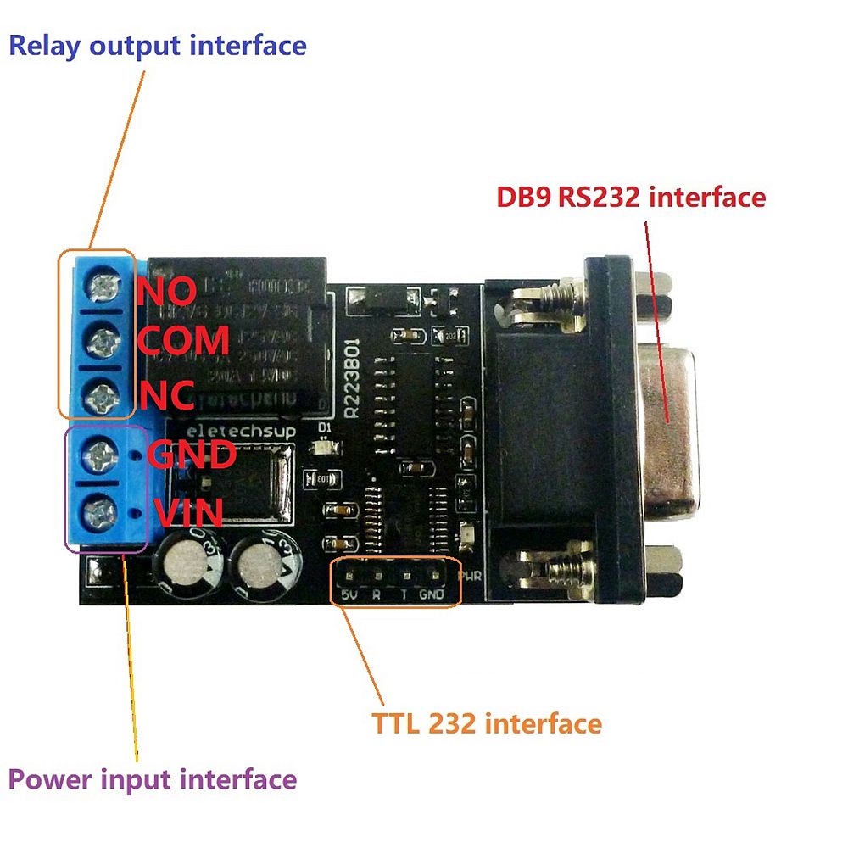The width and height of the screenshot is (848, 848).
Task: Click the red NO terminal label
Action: pyautogui.click(x=167, y=291)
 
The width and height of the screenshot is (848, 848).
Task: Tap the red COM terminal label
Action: pyautogui.click(x=182, y=341)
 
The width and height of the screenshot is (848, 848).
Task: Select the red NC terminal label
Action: pyautogui.click(x=166, y=393)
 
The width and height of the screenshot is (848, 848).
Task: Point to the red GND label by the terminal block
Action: pyautogui.click(x=191, y=455)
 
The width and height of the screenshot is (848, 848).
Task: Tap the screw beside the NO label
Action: pyautogui.click(x=101, y=288)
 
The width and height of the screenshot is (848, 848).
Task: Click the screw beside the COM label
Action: pyautogui.click(x=101, y=342)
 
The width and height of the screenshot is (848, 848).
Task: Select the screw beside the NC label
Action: pyautogui.click(x=101, y=394)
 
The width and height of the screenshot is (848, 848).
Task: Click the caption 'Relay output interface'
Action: pyautogui.click(x=157, y=45)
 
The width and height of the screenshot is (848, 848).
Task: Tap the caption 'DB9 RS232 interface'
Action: pyautogui.click(x=631, y=198)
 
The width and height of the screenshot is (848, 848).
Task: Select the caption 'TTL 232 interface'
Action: pyautogui.click(x=487, y=724)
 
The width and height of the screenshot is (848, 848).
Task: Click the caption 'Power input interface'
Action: pyautogui.click(x=153, y=779)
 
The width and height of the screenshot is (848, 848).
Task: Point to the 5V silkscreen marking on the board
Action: pyautogui.click(x=348, y=595)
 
